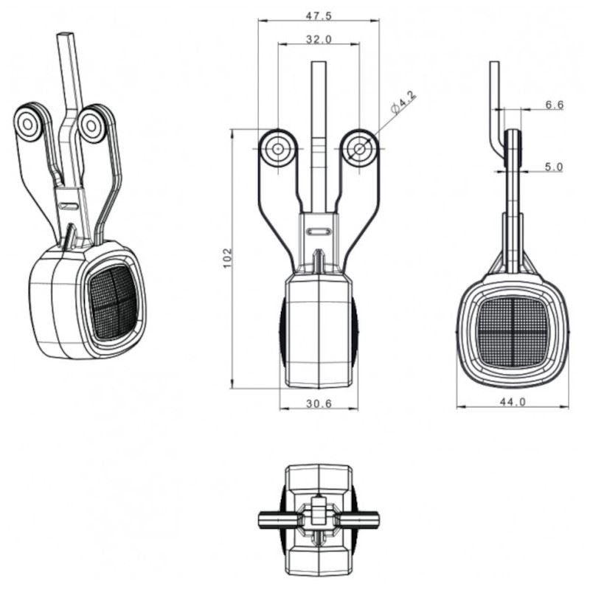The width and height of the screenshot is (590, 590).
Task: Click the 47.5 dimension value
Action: pos(319,15)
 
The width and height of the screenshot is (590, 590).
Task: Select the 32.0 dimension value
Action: pos(319,39)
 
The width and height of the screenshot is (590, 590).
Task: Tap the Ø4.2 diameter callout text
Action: pos(403,102)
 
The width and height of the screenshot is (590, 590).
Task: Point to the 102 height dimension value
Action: pos(228,257)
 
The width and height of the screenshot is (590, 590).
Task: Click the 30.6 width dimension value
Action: pos(319,403)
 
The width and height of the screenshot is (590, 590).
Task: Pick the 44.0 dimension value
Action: pos(513,402)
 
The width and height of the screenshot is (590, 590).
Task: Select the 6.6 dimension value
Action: pos(555,105)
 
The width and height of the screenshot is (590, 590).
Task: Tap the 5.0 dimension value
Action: pos(555,167)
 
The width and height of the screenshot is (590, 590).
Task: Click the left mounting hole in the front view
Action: pos(278,149)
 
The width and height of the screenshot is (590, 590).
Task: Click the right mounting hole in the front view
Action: pos(359,149)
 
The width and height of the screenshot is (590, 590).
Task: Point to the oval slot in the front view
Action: pos(319,232)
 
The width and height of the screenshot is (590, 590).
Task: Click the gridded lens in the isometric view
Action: pos(113,302)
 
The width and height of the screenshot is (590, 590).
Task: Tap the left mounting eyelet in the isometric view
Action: pos(28,124)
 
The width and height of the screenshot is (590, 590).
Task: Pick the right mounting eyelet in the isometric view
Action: pos(91,125)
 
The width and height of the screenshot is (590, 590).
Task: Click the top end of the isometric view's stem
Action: pos(64,34)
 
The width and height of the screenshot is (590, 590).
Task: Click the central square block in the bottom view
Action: pos(319,511)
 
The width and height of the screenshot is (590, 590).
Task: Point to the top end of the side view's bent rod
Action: pos(494,63)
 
